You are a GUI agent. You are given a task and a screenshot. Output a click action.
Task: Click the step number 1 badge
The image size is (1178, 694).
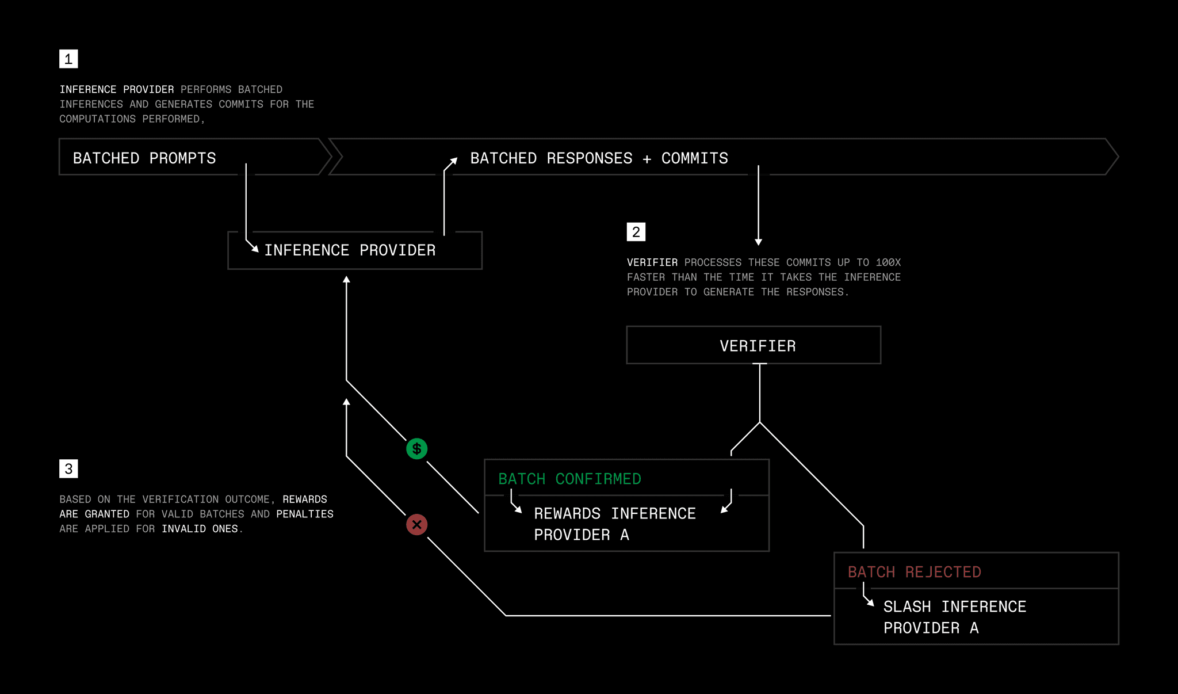point(68,59)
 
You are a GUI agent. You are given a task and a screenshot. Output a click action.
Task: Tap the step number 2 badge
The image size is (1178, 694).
point(636,232)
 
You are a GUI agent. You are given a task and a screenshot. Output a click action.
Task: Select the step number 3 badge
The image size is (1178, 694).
point(68,468)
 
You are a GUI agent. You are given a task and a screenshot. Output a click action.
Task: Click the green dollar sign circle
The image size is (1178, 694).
point(417,449)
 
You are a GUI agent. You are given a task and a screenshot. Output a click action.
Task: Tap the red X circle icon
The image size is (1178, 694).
point(417,525)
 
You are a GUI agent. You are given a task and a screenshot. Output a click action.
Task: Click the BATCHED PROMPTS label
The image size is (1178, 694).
point(144,158)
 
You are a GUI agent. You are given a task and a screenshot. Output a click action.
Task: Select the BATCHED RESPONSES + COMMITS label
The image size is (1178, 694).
point(599,158)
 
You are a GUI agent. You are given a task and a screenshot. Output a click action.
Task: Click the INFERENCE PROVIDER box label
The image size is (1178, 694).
point(350,250)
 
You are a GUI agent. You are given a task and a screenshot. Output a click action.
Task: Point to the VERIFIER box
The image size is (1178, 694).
point(754,345)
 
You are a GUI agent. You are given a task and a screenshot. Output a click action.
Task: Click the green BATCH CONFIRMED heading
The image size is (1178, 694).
point(569,479)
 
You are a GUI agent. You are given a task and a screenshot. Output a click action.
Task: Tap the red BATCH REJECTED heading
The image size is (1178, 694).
point(915,572)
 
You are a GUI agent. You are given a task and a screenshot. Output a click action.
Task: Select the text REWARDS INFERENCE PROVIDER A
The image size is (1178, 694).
point(615,524)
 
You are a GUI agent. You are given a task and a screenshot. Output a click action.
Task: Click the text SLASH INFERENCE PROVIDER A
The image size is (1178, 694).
point(955,617)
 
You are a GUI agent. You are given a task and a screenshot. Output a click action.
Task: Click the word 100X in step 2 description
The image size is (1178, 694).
point(888,262)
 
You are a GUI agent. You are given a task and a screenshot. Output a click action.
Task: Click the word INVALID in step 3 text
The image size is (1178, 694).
point(183,529)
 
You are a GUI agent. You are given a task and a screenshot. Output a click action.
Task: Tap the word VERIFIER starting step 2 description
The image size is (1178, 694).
point(652,262)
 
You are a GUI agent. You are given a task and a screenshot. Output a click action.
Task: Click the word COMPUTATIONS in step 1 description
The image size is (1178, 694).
point(98,119)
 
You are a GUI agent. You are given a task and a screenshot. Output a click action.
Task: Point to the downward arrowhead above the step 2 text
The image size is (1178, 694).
point(759,242)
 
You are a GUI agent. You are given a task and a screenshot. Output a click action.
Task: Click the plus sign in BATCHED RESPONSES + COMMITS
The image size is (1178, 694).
point(647,159)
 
